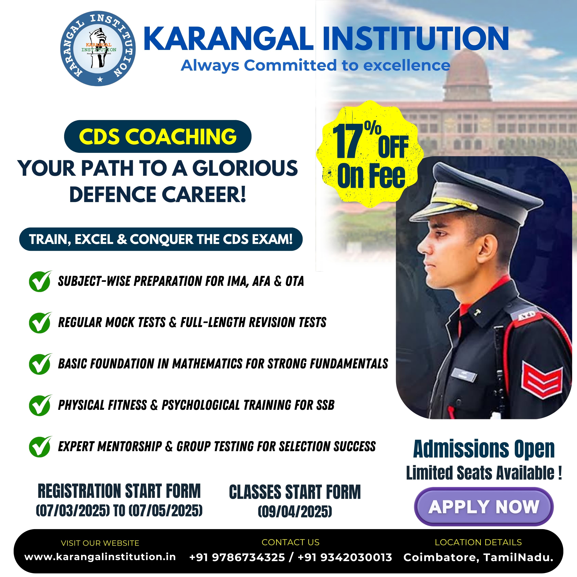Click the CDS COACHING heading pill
(x=158, y=136)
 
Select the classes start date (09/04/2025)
(x=295, y=512)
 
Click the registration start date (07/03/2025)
(x=72, y=510)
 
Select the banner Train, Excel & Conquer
(x=161, y=239)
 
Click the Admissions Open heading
(x=484, y=449)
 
